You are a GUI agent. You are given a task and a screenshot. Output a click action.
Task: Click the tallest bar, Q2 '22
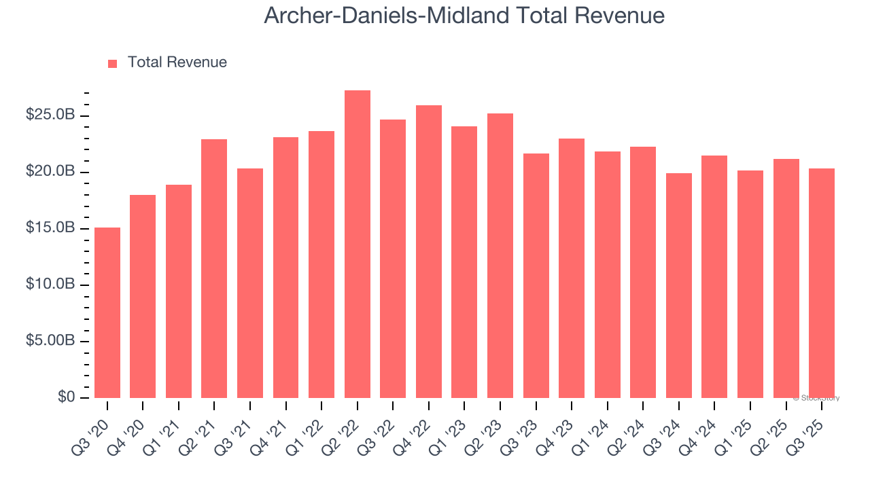(x=357, y=244)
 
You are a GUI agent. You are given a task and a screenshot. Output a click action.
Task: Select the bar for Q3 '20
(x=107, y=312)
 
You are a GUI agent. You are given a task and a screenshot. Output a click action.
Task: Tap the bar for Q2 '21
(x=214, y=268)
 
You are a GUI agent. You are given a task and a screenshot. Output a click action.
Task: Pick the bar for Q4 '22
(x=428, y=251)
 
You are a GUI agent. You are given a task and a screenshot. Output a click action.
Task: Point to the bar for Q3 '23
(x=536, y=275)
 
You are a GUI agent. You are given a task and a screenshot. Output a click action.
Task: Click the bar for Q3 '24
(x=678, y=285)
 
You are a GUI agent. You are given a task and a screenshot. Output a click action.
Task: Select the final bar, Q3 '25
(x=821, y=283)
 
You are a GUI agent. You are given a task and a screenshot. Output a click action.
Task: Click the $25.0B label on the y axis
(x=50, y=115)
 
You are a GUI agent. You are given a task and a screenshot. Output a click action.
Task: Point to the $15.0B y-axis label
(x=50, y=228)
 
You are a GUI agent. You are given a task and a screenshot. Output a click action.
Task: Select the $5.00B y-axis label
(x=50, y=341)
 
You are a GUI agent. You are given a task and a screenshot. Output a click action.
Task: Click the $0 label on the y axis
(x=67, y=397)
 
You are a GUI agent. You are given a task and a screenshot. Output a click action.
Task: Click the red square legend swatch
(x=113, y=63)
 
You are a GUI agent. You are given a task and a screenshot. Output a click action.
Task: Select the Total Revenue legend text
(x=177, y=62)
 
